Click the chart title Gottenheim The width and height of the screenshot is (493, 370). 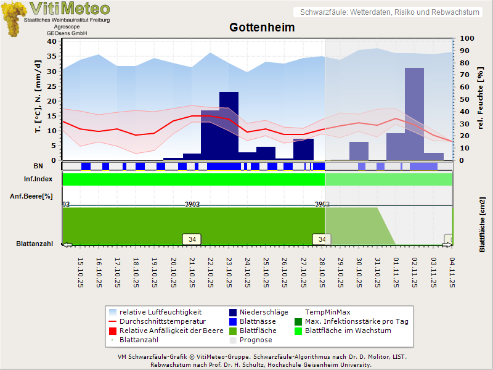(x=262, y=28)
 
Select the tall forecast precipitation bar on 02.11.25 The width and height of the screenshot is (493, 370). (x=414, y=113)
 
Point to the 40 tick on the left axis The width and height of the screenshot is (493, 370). (x=51, y=41)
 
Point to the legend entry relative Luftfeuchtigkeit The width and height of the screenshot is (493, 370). (x=160, y=312)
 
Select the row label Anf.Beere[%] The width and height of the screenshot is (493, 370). (x=31, y=196)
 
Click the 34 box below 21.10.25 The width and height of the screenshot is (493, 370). (x=192, y=239)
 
